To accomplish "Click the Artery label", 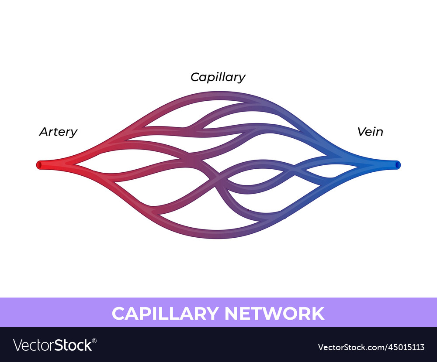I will [58, 132].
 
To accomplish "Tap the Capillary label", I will [218, 77].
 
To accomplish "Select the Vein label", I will [370, 132].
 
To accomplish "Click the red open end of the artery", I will [38, 165].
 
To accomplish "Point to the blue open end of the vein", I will [398, 165].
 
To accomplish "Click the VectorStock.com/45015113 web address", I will [371, 347].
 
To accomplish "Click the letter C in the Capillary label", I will [195, 77].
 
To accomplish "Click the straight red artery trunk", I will [52, 165].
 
